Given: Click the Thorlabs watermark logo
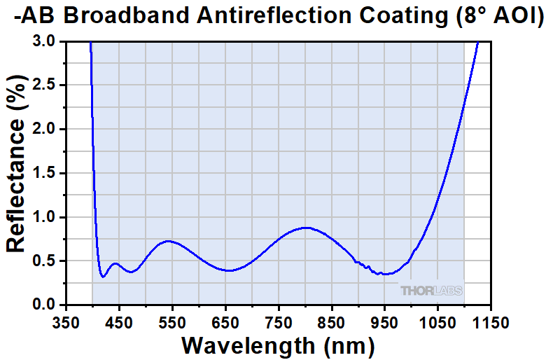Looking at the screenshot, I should (431, 291).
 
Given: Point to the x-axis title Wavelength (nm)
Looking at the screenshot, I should (279, 345).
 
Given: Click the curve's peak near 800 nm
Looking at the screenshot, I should (305, 228).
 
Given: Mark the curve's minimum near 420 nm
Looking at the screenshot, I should (103, 277).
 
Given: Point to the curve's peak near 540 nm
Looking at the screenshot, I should (168, 241).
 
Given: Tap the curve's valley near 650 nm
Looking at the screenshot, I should (228, 270).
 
